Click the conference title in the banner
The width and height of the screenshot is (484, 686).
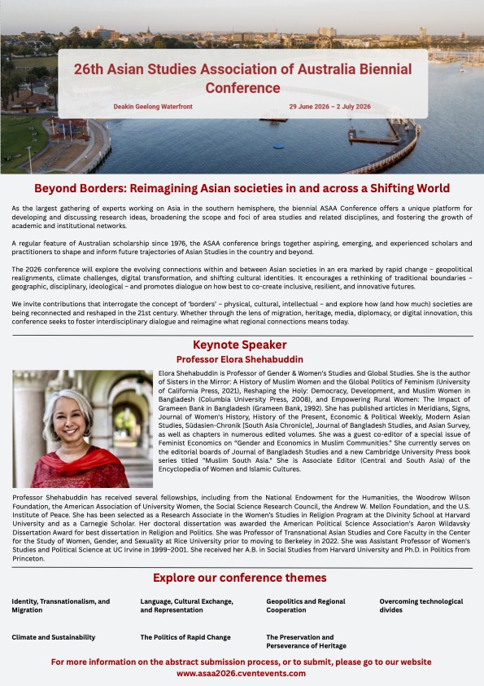coord(242,79)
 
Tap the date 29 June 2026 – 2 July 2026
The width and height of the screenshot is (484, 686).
coord(329,107)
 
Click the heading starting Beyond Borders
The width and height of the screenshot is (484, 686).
coord(242,188)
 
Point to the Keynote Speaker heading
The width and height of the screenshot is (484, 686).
coord(242,345)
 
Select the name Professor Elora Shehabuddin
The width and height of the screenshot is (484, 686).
coord(242,358)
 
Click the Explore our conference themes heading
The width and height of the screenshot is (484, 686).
coord(242,578)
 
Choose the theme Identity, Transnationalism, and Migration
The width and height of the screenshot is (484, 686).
coord(60,605)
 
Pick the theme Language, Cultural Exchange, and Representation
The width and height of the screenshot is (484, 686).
coord(187,605)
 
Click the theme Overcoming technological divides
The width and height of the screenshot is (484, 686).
coord(421,605)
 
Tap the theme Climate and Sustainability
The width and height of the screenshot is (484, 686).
coord(54,637)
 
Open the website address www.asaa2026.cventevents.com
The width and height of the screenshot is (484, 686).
coord(241,674)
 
